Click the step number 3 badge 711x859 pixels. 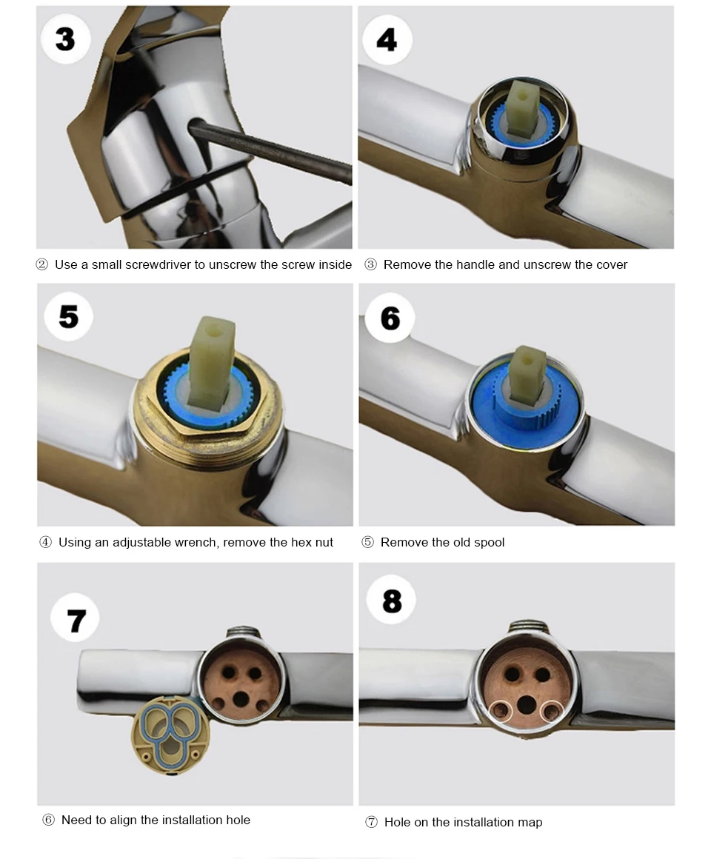(x=66, y=39)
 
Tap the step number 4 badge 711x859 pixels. (x=387, y=40)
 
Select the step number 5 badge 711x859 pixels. (x=68, y=317)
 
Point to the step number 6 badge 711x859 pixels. (x=390, y=318)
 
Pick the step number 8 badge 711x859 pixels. (x=392, y=601)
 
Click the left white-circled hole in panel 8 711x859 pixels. (x=500, y=711)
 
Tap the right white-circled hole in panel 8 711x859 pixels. (x=551, y=712)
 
